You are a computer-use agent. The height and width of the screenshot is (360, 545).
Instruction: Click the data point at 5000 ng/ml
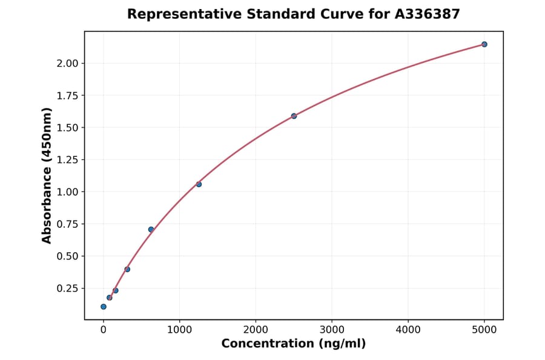484,44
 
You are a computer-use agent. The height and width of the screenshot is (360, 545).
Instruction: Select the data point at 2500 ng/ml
294,116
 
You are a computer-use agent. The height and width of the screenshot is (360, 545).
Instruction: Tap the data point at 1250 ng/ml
199,184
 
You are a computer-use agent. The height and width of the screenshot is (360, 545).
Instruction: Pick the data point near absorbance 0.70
151,229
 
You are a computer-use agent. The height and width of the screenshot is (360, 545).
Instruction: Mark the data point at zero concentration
104,307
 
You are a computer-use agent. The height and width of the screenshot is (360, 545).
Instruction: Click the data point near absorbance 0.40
127,269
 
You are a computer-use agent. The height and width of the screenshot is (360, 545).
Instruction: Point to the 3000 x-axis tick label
332,330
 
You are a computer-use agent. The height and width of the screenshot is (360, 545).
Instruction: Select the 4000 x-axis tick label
408,330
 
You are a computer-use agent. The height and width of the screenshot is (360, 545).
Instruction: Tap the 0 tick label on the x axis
104,330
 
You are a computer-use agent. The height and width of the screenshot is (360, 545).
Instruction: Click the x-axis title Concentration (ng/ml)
294,344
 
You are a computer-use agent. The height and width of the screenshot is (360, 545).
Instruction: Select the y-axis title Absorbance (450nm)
47,176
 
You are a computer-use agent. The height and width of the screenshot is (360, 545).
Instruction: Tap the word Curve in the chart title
325,14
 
